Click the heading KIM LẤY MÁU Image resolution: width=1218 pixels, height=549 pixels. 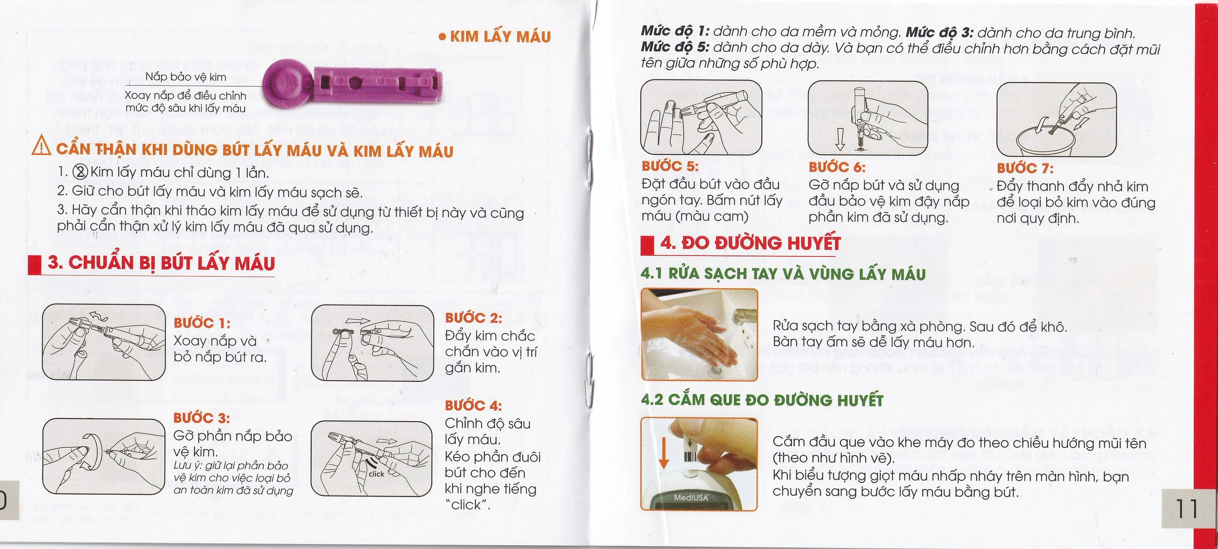(x=500, y=37)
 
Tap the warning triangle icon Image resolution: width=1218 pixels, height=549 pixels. (x=41, y=146)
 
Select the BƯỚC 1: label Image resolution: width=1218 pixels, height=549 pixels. (x=202, y=323)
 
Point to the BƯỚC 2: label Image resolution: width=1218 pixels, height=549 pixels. (x=473, y=318)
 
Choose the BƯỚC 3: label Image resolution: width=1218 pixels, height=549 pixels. (x=201, y=418)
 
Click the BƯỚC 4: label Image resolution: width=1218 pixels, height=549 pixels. (x=473, y=406)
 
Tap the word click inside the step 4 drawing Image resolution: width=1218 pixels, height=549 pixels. (x=376, y=474)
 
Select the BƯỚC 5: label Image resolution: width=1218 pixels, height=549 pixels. (x=670, y=166)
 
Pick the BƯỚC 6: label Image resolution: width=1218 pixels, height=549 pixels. (x=837, y=167)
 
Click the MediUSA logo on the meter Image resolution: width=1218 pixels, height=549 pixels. (x=691, y=498)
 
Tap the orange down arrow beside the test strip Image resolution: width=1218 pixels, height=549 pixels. (x=664, y=452)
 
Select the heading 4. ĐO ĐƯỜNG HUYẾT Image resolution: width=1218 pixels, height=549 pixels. (x=750, y=243)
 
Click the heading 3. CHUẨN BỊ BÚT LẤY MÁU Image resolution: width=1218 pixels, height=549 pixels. (x=161, y=263)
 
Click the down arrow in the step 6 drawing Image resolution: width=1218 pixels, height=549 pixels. (x=840, y=138)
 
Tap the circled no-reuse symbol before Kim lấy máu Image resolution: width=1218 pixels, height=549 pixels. (x=80, y=172)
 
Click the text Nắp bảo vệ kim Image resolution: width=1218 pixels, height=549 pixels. (x=186, y=77)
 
